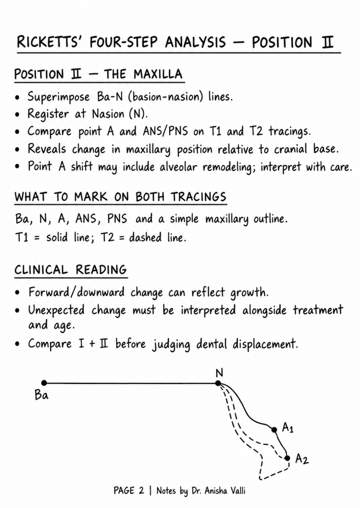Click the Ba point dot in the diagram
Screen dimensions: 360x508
coord(44,383)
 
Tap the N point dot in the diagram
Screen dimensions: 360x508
coord(218,383)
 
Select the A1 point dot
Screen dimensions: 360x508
coord(274,430)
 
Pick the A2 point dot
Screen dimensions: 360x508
coord(287,458)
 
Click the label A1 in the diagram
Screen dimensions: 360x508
coord(288,428)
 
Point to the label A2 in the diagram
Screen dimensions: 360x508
coord(301,459)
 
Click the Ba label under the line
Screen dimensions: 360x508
coord(42,395)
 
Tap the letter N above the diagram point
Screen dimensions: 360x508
coord(219,373)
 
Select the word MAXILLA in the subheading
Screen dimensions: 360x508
coord(158,74)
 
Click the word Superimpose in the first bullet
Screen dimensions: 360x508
coord(59,97)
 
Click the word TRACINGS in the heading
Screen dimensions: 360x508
coord(199,196)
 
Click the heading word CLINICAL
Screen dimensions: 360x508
coord(41,269)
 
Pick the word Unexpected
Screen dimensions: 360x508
coord(56,311)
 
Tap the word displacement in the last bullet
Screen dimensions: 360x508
coord(265,344)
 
